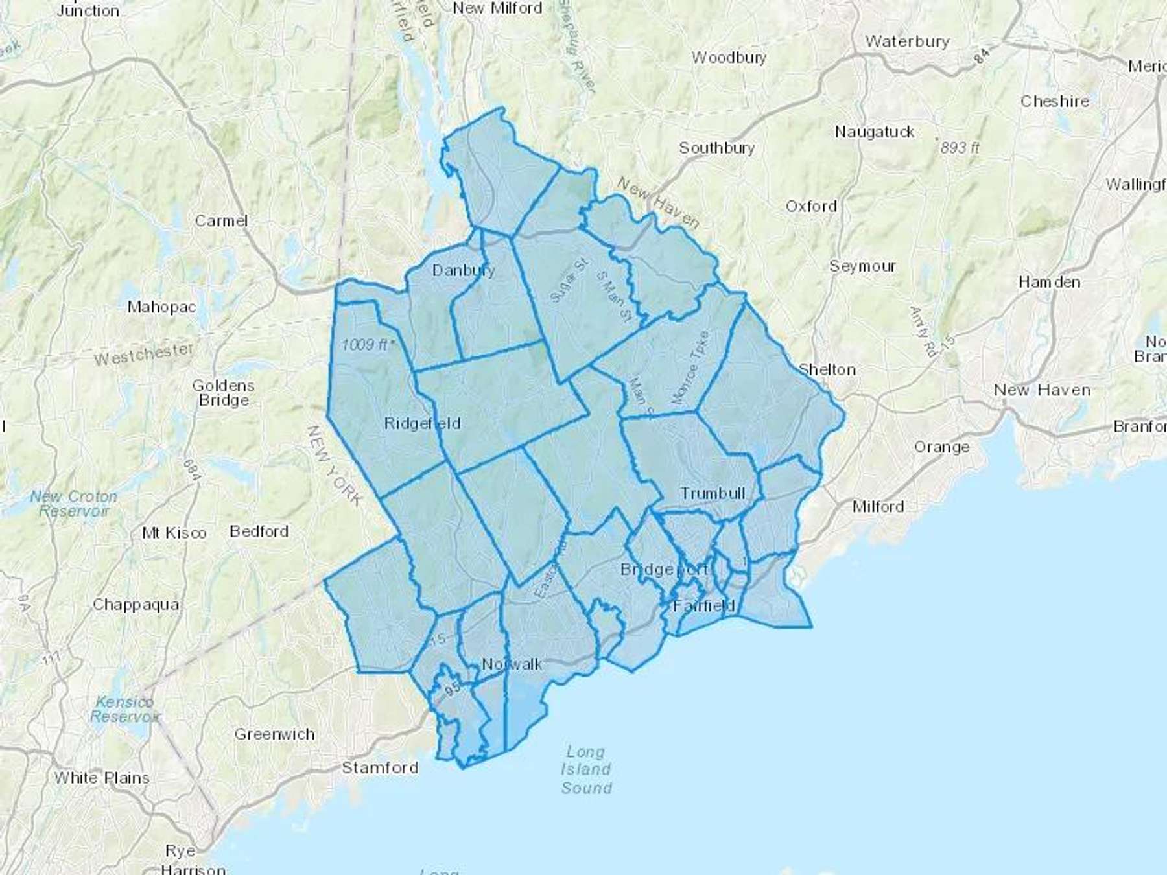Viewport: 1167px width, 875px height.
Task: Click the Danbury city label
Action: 463,270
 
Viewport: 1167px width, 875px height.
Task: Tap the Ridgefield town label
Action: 422,424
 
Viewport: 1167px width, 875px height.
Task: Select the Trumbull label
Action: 713,493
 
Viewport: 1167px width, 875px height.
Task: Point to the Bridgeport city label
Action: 664,569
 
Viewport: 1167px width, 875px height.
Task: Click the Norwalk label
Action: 512,664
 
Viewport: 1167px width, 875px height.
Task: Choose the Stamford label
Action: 380,768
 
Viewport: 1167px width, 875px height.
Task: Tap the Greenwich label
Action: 274,734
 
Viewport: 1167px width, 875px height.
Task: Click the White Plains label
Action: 102,778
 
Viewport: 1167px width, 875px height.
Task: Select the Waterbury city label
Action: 907,41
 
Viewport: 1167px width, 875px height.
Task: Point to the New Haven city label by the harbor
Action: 1042,390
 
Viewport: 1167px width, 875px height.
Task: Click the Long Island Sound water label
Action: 586,770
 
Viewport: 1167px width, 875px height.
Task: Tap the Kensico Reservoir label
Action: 124,709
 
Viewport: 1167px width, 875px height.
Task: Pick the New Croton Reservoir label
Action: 74,504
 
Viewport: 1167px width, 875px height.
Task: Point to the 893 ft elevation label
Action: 959,147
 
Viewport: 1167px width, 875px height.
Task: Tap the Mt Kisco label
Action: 174,533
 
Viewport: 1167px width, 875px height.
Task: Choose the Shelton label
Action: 827,369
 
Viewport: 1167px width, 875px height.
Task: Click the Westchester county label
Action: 143,354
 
